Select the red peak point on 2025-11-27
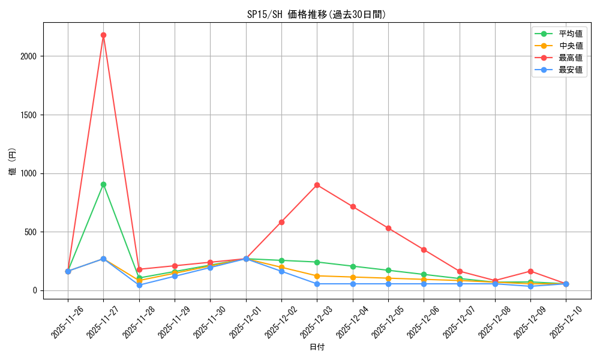103,35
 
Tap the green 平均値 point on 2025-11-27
103,184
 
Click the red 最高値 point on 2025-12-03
317,185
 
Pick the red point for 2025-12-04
353,206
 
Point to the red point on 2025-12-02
281,222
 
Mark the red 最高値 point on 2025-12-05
388,228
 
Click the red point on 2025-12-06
424,250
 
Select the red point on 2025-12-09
530,271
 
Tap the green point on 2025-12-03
317,262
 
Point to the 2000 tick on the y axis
29,56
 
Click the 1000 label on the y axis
29,173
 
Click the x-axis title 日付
317,347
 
